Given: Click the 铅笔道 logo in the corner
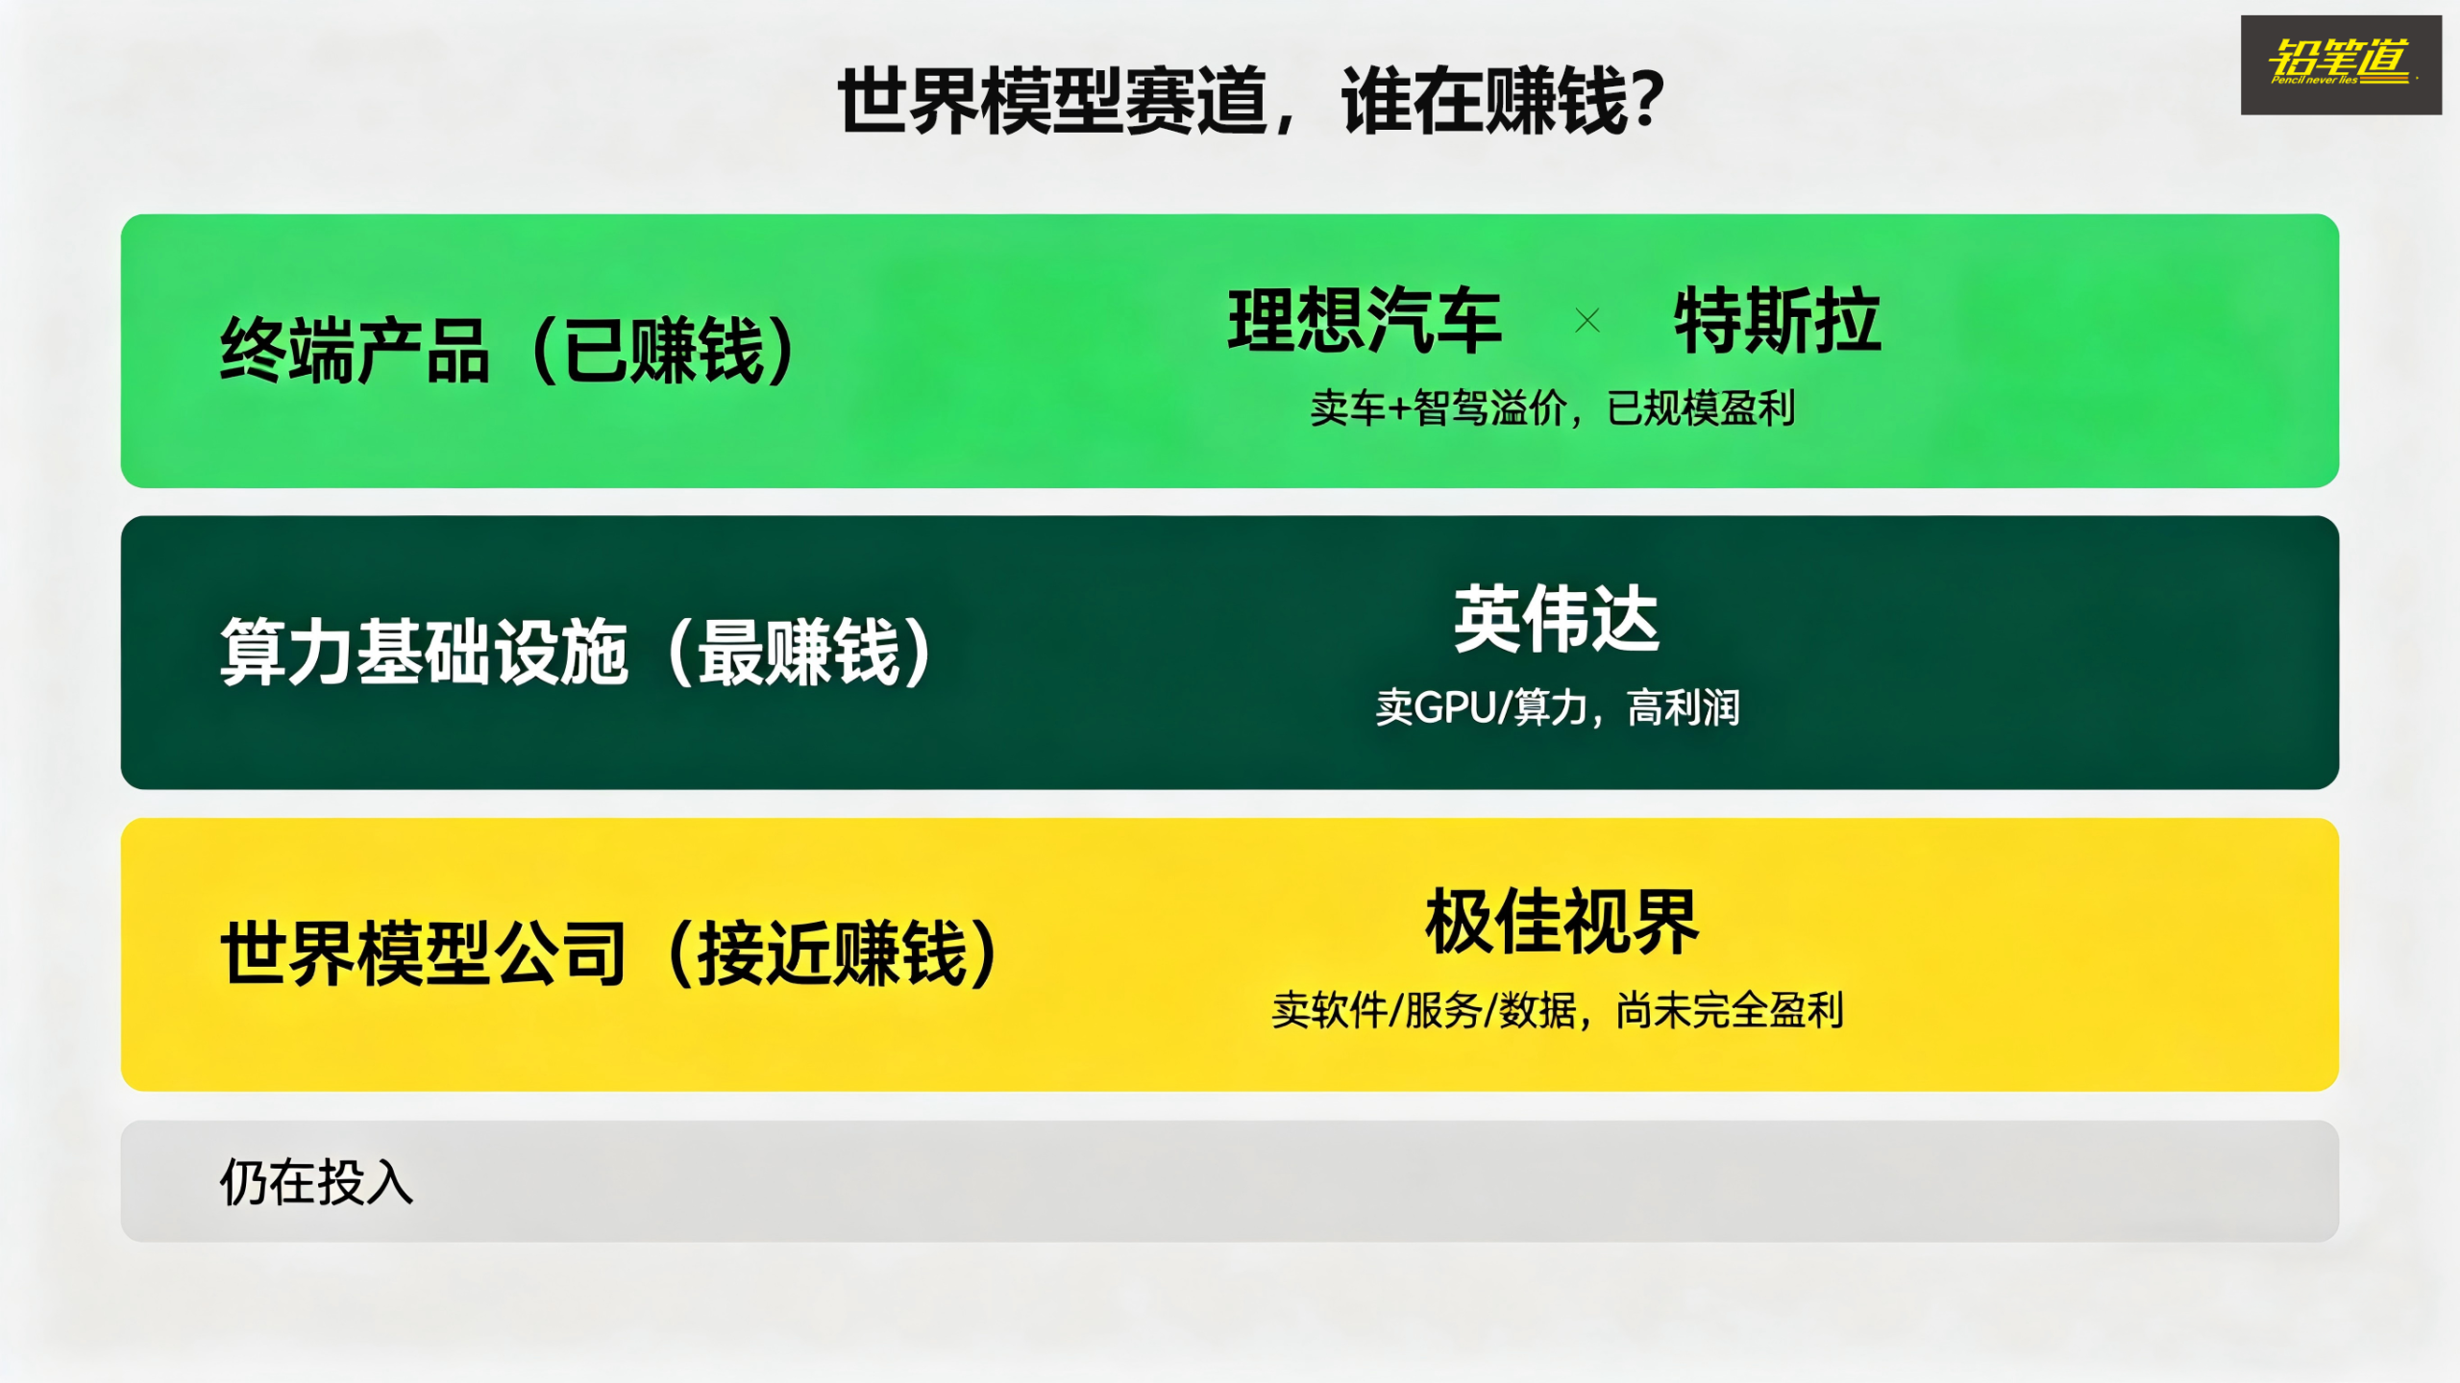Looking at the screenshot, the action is pyautogui.click(x=2340, y=64).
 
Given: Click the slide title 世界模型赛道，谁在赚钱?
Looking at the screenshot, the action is pyautogui.click(x=1251, y=101).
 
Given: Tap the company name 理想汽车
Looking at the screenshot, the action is pyautogui.click(x=1365, y=320).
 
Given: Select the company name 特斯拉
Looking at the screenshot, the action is pyautogui.click(x=1777, y=320).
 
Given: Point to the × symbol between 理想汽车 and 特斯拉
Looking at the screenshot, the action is pyautogui.click(x=1587, y=320).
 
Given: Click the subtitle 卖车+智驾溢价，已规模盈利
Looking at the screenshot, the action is pyautogui.click(x=1553, y=408).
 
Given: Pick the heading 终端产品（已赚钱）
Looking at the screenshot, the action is pyautogui.click(x=507, y=351).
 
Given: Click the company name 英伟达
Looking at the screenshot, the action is pyautogui.click(x=1557, y=620).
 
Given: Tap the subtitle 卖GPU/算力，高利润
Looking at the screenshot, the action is pyautogui.click(x=1558, y=708).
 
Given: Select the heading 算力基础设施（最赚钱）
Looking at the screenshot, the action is pyautogui.click(x=576, y=653).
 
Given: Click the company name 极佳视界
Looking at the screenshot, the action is pyautogui.click(x=1562, y=922).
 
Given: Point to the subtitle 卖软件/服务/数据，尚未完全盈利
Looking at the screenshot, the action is pyautogui.click(x=1558, y=1010).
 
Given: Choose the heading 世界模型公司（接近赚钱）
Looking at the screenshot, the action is pyautogui.click(x=609, y=953).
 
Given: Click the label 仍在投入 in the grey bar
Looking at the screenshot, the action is pyautogui.click(x=316, y=1181).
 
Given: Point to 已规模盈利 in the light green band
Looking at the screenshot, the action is pyautogui.click(x=1701, y=408).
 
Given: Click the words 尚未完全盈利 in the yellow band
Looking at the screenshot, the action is pyautogui.click(x=1730, y=1010).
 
